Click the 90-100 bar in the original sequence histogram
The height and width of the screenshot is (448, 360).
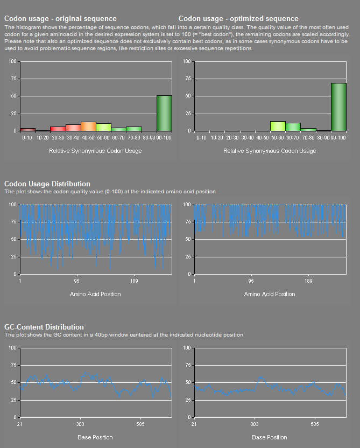[164, 113]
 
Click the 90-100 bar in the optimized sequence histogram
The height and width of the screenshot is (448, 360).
[338, 107]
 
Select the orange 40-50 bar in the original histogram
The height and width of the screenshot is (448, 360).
[88, 127]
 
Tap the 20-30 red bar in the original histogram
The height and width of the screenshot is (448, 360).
[58, 129]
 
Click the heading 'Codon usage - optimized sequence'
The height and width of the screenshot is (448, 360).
[238, 19]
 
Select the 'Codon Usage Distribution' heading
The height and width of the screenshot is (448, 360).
[47, 184]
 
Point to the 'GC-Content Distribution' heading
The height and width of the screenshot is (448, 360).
[44, 327]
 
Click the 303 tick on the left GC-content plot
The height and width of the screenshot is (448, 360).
[80, 424]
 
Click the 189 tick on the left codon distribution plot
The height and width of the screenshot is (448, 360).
[134, 281]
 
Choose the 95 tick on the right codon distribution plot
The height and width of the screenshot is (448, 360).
[251, 281]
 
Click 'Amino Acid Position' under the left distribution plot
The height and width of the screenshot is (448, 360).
[95, 294]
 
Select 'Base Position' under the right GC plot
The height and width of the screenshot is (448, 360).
[270, 437]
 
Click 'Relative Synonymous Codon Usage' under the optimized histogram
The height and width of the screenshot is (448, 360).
[270, 151]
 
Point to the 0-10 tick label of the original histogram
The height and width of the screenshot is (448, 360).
[27, 138]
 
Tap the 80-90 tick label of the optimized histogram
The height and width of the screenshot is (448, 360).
[323, 138]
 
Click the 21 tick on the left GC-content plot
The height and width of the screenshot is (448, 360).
[20, 424]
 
